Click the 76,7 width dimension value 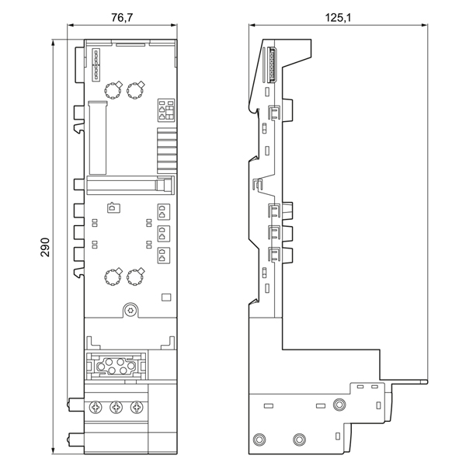pyautogui.click(x=122, y=18)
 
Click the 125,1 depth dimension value pyautogui.click(x=338, y=18)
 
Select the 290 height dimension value pyautogui.click(x=45, y=247)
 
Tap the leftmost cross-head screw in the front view pyautogui.click(x=96, y=407)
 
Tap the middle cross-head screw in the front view pyautogui.click(x=116, y=407)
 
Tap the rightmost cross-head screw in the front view pyautogui.click(x=137, y=407)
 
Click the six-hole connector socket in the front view pyautogui.click(x=116, y=366)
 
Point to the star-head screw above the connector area pyautogui.click(x=130, y=311)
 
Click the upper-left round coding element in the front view pyautogui.click(x=113, y=90)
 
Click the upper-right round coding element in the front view pyautogui.click(x=135, y=90)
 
